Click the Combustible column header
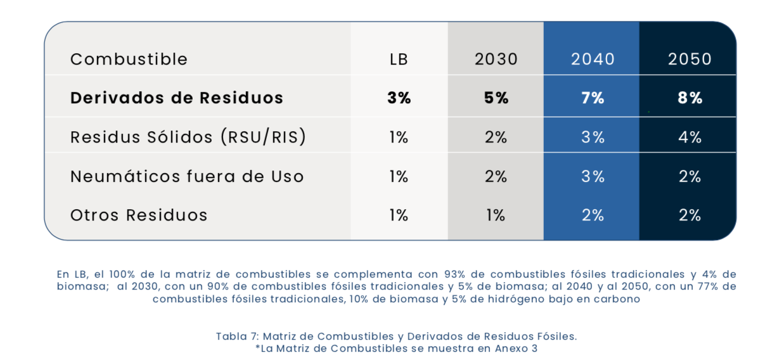[x=129, y=59]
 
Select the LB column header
[x=399, y=59]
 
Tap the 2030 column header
[x=496, y=59]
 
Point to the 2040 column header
[x=592, y=59]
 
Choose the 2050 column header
[x=689, y=59]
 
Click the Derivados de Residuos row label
[x=177, y=98]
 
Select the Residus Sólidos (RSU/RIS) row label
[x=188, y=137]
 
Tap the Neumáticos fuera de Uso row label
[x=187, y=176]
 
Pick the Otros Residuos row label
[x=139, y=215]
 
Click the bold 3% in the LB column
[x=399, y=98]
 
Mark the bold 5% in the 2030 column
[x=496, y=98]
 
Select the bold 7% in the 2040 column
[x=592, y=98]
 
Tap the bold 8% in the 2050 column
[x=689, y=98]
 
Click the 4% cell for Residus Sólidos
[x=689, y=137]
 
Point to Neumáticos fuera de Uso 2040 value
[x=592, y=176]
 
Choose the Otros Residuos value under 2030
[x=496, y=215]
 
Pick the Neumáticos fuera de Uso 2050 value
[x=689, y=176]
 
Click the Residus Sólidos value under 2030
[x=496, y=137]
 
